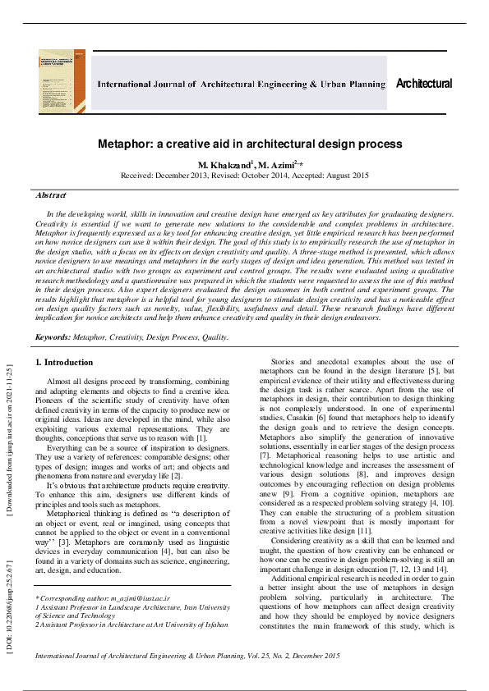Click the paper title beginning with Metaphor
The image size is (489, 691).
pos(244,144)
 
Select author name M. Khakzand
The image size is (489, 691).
pos(224,164)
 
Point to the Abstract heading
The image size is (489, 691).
pos(51,195)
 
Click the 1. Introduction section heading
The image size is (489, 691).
pos(65,362)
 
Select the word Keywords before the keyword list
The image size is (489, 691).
pos(52,336)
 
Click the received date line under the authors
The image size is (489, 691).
pos(244,176)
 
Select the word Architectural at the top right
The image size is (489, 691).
pos(424,84)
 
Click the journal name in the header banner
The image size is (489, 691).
pos(241,85)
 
